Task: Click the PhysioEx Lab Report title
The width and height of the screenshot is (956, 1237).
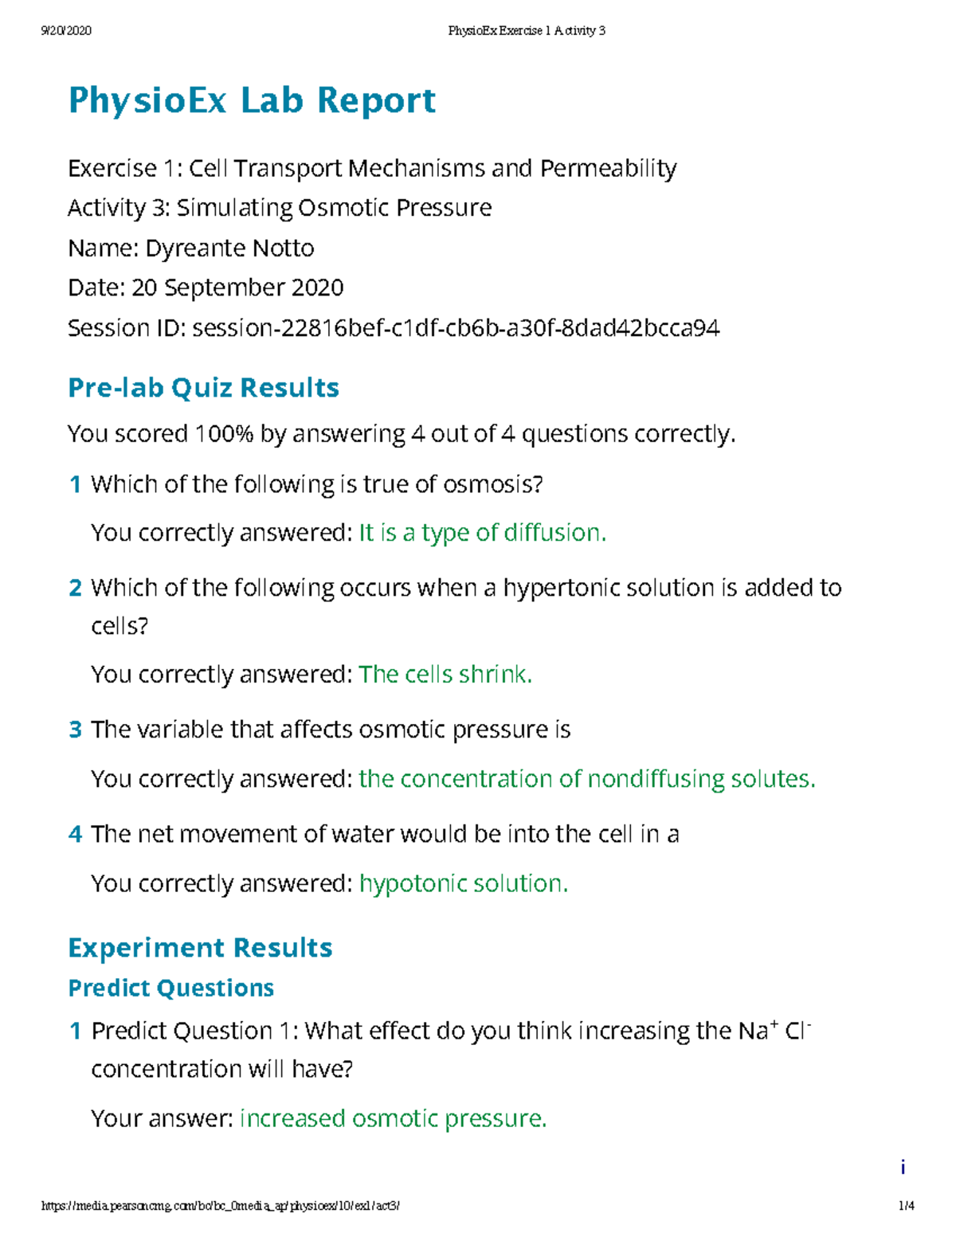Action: pyautogui.click(x=252, y=101)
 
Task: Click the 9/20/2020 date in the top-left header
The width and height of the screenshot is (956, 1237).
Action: pyautogui.click(x=66, y=31)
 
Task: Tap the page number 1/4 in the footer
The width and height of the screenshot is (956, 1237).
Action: pyautogui.click(x=907, y=1206)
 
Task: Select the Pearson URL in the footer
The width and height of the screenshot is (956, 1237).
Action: pyautogui.click(x=221, y=1206)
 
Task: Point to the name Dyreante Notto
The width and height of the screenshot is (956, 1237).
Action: pyautogui.click(x=229, y=249)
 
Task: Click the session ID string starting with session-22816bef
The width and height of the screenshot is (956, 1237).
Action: pyautogui.click(x=456, y=328)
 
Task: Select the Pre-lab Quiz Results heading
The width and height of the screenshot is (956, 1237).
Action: pyautogui.click(x=203, y=388)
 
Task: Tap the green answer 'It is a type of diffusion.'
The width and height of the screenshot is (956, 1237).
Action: pyautogui.click(x=482, y=533)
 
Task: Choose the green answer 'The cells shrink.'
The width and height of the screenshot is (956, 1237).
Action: pyautogui.click(x=445, y=675)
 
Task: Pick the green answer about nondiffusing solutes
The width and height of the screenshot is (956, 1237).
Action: pyautogui.click(x=586, y=779)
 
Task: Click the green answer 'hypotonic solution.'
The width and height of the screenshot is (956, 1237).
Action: pyautogui.click(x=463, y=883)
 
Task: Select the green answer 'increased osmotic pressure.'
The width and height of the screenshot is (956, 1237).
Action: pyautogui.click(x=393, y=1119)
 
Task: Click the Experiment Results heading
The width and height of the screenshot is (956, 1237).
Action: pyautogui.click(x=200, y=948)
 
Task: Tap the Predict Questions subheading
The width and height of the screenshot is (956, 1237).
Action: pyautogui.click(x=170, y=988)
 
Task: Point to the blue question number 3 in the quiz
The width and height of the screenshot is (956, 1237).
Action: pyautogui.click(x=76, y=730)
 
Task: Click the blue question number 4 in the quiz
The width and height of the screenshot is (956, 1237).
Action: pyautogui.click(x=76, y=834)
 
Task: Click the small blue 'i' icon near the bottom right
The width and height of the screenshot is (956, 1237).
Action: pyautogui.click(x=903, y=1168)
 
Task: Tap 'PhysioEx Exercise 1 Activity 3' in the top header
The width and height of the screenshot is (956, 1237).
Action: pyautogui.click(x=527, y=31)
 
